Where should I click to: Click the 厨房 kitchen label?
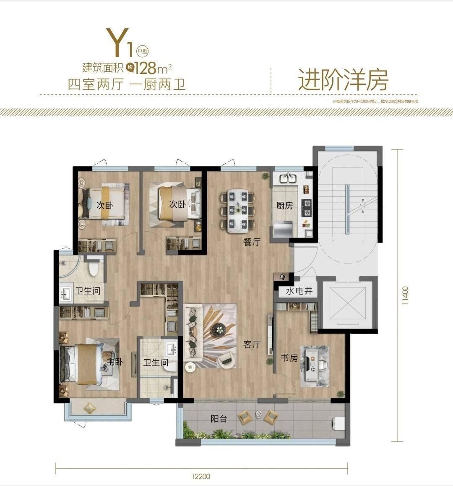(284, 206)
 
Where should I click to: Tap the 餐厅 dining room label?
(252, 242)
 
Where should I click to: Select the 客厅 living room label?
(252, 345)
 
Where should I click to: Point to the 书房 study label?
(289, 358)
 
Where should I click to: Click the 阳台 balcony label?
(219, 418)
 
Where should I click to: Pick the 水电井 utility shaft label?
(299, 291)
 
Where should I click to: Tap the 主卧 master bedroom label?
(115, 361)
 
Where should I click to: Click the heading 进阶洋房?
(343, 80)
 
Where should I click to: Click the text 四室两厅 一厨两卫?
(126, 84)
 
